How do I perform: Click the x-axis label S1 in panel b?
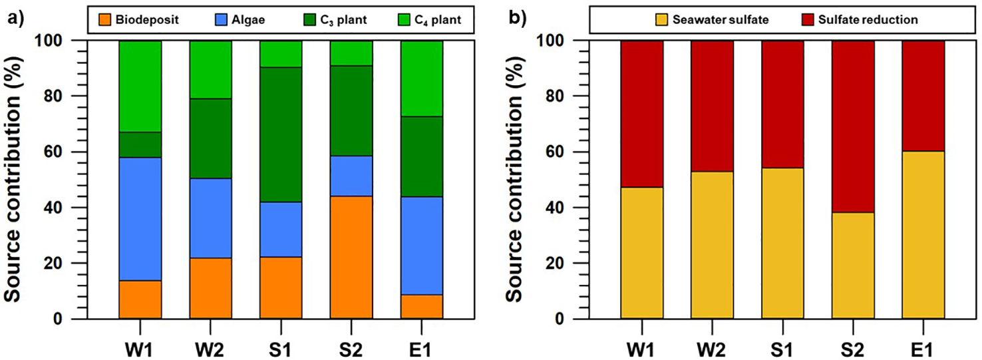coord(782,347)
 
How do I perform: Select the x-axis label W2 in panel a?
coord(210,347)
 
